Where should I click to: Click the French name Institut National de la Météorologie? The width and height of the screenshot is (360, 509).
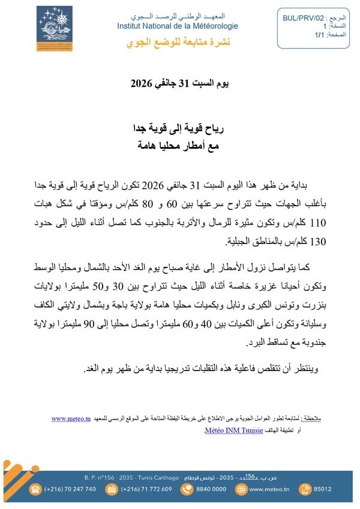tap(178, 26)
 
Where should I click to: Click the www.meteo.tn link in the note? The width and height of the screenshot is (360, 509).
tap(71, 418)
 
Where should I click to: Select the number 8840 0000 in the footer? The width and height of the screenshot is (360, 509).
tap(212, 489)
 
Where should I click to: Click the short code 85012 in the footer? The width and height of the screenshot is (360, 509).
tap(323, 489)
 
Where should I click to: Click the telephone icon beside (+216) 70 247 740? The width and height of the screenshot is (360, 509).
tap(36, 489)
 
